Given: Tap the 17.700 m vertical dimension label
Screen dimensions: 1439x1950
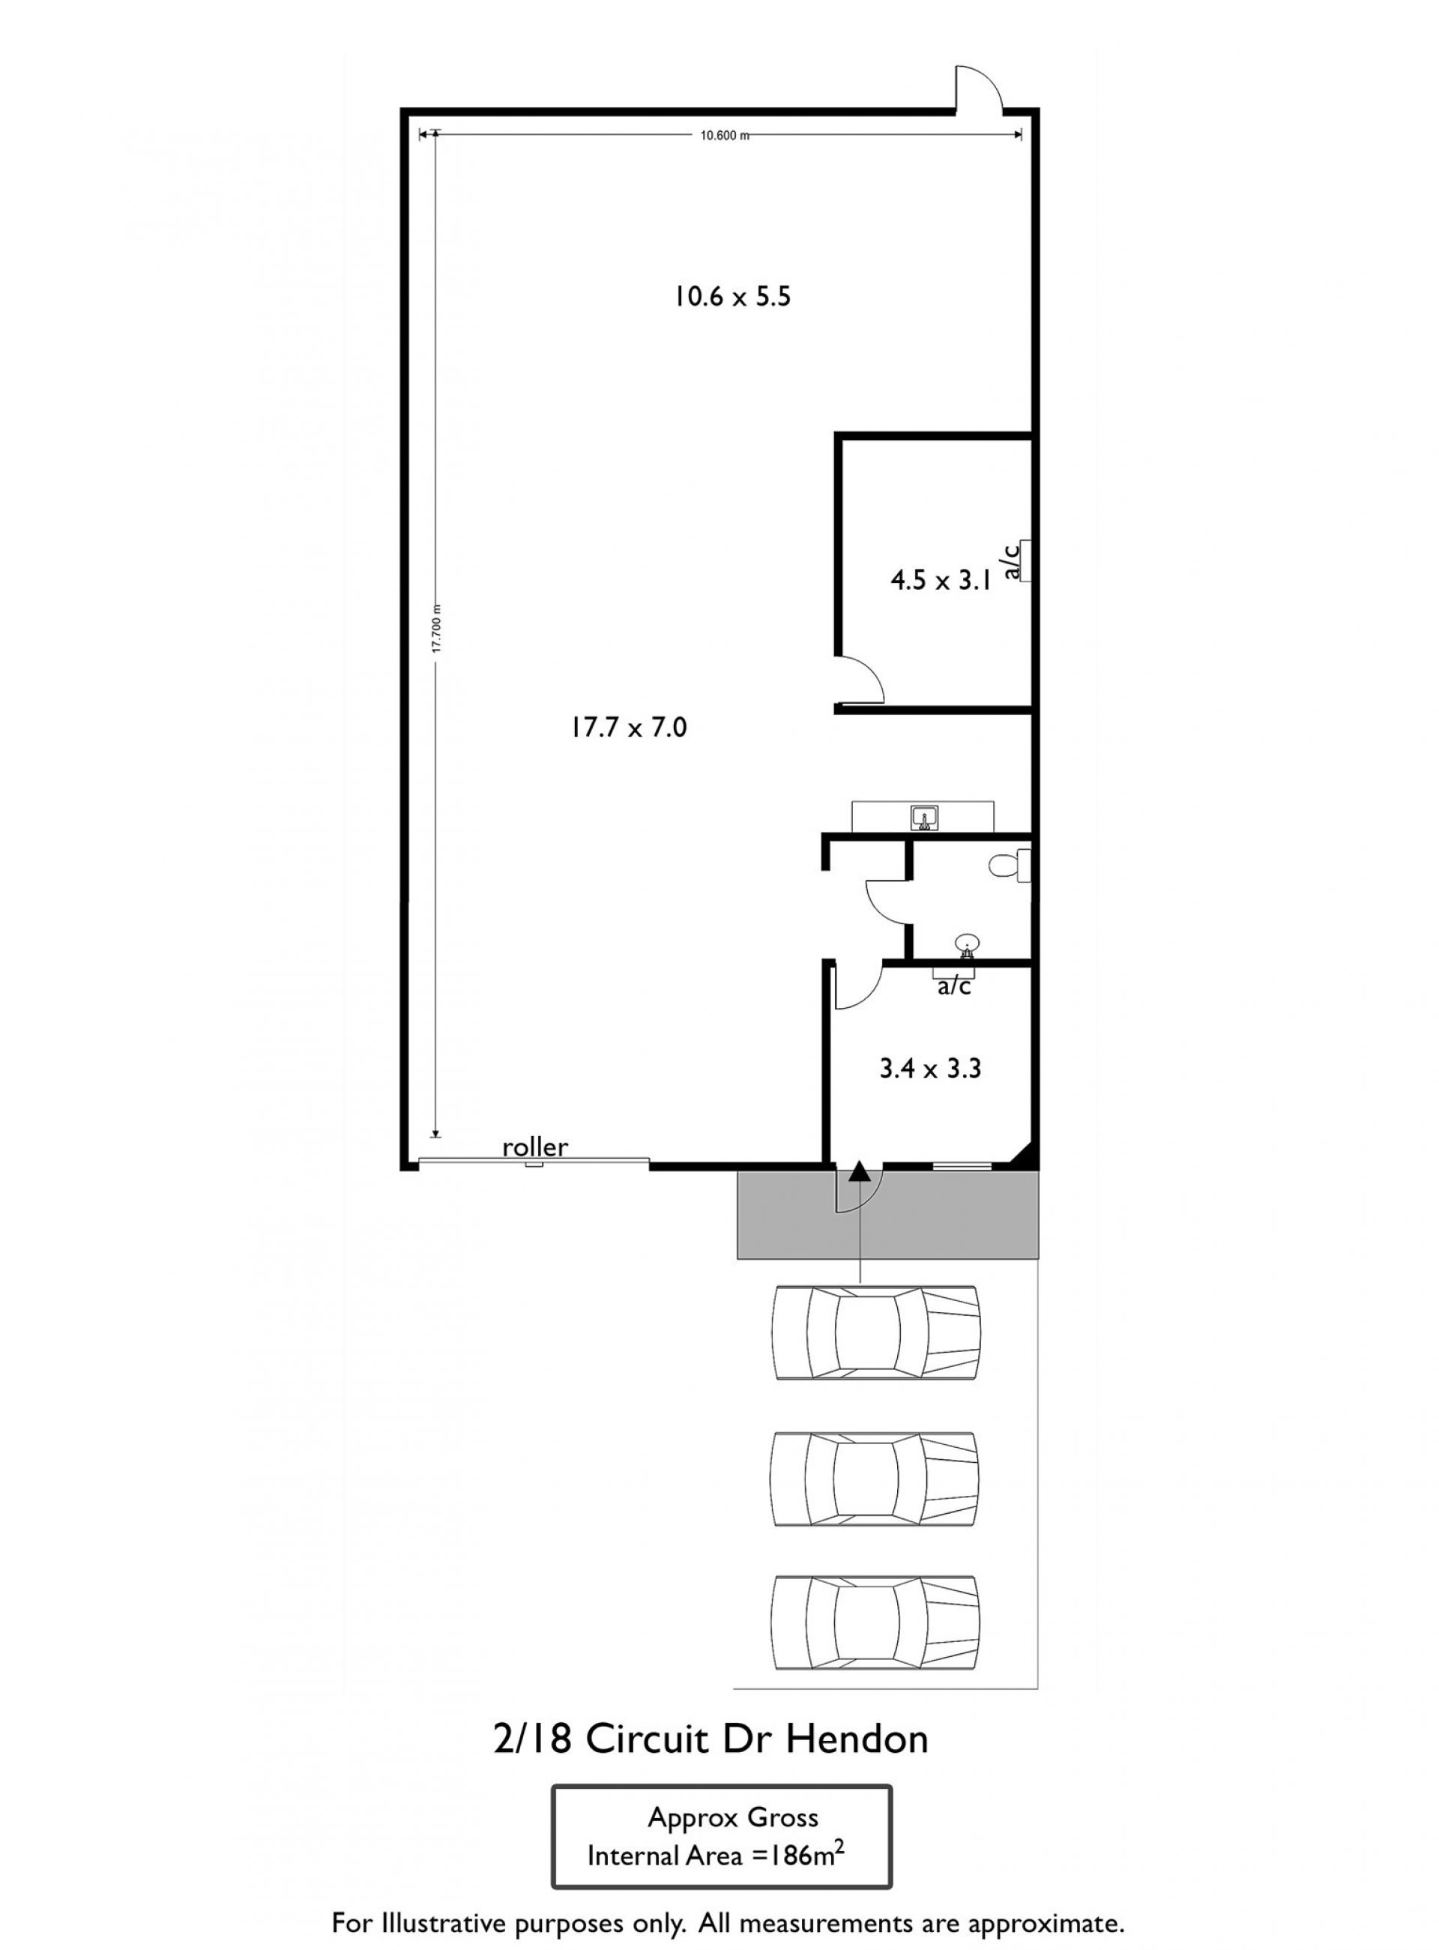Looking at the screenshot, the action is (x=438, y=629).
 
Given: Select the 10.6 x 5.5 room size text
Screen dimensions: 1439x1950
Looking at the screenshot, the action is (x=731, y=297).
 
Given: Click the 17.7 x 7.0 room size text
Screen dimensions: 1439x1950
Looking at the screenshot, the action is (x=629, y=726).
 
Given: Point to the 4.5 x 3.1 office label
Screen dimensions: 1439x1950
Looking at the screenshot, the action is (x=941, y=581).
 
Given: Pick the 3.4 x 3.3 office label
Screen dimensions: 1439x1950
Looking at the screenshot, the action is (x=930, y=1069).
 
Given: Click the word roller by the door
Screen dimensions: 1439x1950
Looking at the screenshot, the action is (x=535, y=1147).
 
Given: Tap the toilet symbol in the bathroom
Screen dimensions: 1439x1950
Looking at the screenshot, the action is (x=1010, y=866).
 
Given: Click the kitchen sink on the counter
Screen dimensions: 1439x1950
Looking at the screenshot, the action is (x=925, y=818).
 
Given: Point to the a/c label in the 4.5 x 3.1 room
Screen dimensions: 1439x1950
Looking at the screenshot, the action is (x=1011, y=561).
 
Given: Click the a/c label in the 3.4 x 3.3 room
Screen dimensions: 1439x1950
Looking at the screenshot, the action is (x=954, y=987).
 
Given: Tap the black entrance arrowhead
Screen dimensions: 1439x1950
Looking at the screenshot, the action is (x=860, y=1171).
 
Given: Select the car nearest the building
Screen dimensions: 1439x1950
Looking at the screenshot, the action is (x=876, y=1332).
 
